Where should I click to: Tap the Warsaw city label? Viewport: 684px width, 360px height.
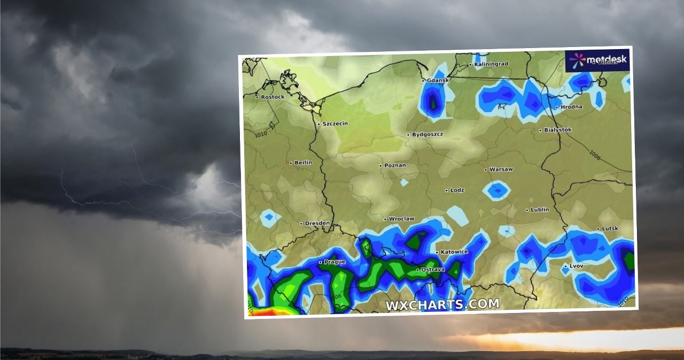click(x=501, y=169)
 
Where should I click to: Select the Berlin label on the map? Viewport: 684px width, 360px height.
click(x=302, y=162)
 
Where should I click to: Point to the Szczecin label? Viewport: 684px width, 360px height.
click(x=335, y=123)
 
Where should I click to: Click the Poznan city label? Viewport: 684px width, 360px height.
click(x=394, y=165)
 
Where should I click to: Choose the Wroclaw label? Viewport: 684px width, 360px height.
click(x=401, y=218)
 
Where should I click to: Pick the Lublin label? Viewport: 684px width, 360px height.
click(x=539, y=209)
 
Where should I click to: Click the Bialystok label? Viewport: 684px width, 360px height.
click(x=557, y=130)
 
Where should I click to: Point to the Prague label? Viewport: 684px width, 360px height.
click(x=335, y=262)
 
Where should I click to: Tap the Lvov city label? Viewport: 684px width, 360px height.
click(x=577, y=265)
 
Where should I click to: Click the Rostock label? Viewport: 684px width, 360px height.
click(x=273, y=97)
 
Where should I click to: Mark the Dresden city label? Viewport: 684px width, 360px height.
click(x=317, y=223)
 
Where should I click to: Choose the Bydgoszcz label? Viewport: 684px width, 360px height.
click(x=427, y=134)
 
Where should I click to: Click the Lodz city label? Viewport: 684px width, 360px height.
click(x=457, y=190)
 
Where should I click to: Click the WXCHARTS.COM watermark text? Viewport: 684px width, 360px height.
click(x=442, y=304)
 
